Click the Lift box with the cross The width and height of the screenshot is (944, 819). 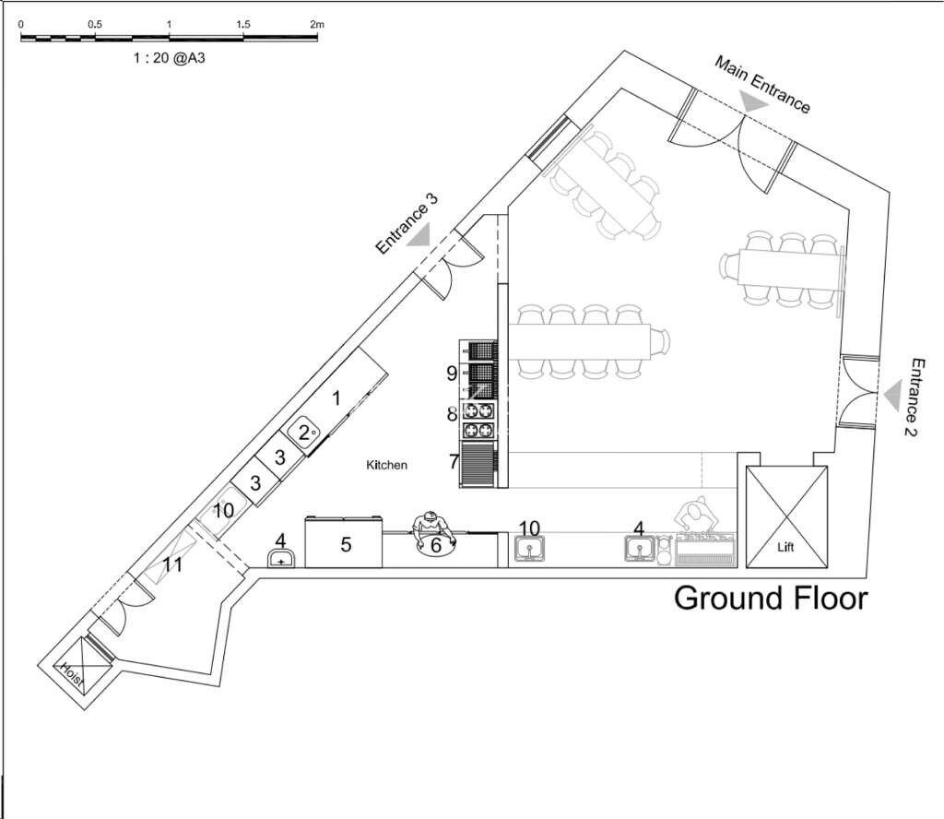point(786,516)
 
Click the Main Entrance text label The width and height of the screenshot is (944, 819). point(762,84)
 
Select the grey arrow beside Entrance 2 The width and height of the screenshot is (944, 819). point(891,397)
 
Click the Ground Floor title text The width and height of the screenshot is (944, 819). point(771,598)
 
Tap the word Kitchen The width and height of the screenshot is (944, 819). point(387,466)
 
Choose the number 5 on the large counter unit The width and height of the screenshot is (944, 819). point(346,545)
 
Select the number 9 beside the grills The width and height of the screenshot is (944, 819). point(452,374)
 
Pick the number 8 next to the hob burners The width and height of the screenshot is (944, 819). point(452,415)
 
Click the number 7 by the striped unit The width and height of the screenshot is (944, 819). point(454,460)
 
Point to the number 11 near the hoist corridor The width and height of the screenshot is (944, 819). point(172,564)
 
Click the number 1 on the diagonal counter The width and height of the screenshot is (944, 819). point(336,398)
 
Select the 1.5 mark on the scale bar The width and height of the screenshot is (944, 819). point(242,23)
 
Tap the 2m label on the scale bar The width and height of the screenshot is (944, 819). point(316,23)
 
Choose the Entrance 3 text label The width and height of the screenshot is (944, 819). point(407,224)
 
